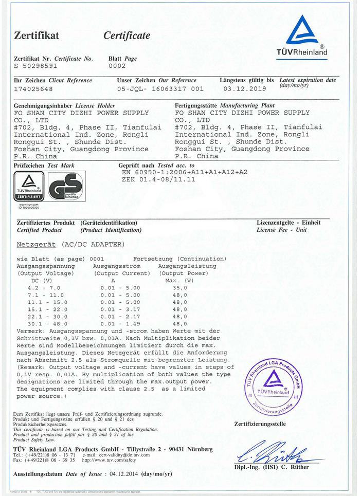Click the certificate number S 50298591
point(36,66)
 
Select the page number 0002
point(117,66)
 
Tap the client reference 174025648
point(33,88)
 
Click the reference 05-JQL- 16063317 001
point(160,88)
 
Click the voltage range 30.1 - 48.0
point(44,324)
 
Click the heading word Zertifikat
point(37,35)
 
